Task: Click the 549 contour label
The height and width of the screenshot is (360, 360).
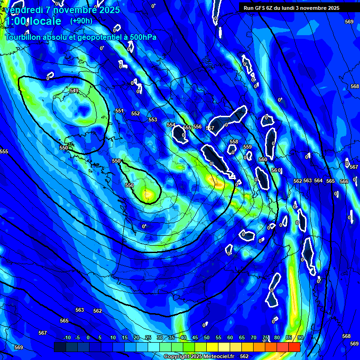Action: click(x=74, y=90)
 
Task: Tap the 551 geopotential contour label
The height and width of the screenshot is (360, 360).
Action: click(x=120, y=111)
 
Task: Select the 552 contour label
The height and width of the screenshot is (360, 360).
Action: click(x=135, y=114)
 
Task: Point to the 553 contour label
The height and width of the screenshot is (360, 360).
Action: click(x=153, y=120)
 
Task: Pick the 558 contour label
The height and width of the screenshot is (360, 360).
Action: click(x=234, y=142)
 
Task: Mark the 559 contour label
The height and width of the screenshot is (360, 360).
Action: click(x=247, y=147)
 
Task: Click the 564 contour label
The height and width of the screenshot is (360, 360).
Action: click(x=318, y=180)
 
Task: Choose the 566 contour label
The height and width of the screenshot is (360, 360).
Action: click(x=344, y=181)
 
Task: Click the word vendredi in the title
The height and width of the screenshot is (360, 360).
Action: click(x=24, y=9)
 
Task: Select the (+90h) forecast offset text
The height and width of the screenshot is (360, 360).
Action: click(x=81, y=21)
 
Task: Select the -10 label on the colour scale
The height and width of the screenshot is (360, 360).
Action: click(x=67, y=338)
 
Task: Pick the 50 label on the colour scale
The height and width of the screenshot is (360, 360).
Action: click(x=207, y=338)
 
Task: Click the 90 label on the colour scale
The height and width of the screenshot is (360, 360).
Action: click(x=300, y=338)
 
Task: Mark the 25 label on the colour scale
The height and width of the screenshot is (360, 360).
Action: click(x=148, y=338)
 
